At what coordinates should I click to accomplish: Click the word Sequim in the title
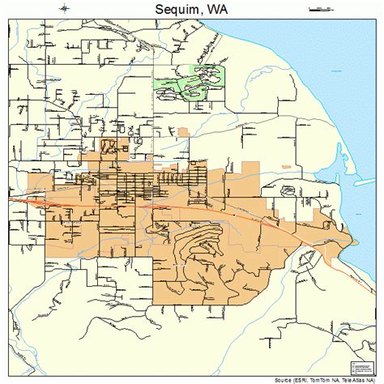coord(173,9)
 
